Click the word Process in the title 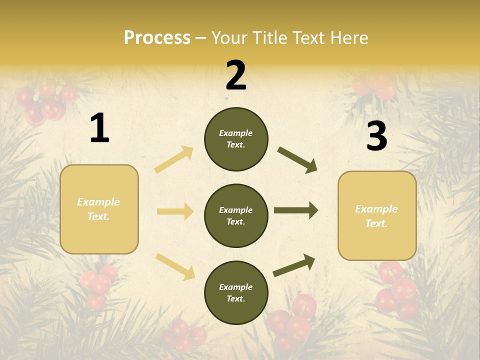pos(157,38)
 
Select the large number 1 pos(99,128)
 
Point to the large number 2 pos(236,75)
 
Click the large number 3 pos(376,136)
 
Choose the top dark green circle pos(236,139)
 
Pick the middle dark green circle pos(236,215)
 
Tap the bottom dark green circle pos(236,292)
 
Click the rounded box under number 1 pos(99,209)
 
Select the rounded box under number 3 pos(377,216)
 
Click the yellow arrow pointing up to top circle pos(174,159)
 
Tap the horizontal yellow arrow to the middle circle pos(175,211)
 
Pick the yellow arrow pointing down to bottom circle pos(175,266)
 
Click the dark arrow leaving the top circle pos(297,160)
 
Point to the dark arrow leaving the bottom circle pos(294,265)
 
